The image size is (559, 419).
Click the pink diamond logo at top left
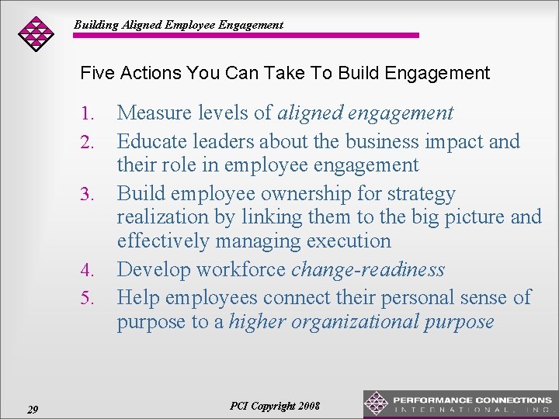[36, 33]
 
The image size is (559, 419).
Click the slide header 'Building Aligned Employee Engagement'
[179, 25]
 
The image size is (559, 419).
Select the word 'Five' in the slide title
[97, 74]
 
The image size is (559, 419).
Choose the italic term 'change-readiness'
[367, 270]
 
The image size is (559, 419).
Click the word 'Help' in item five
[138, 297]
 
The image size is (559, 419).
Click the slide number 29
[33, 410]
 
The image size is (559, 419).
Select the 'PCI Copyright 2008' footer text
[275, 407]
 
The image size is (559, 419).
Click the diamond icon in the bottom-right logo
[377, 403]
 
